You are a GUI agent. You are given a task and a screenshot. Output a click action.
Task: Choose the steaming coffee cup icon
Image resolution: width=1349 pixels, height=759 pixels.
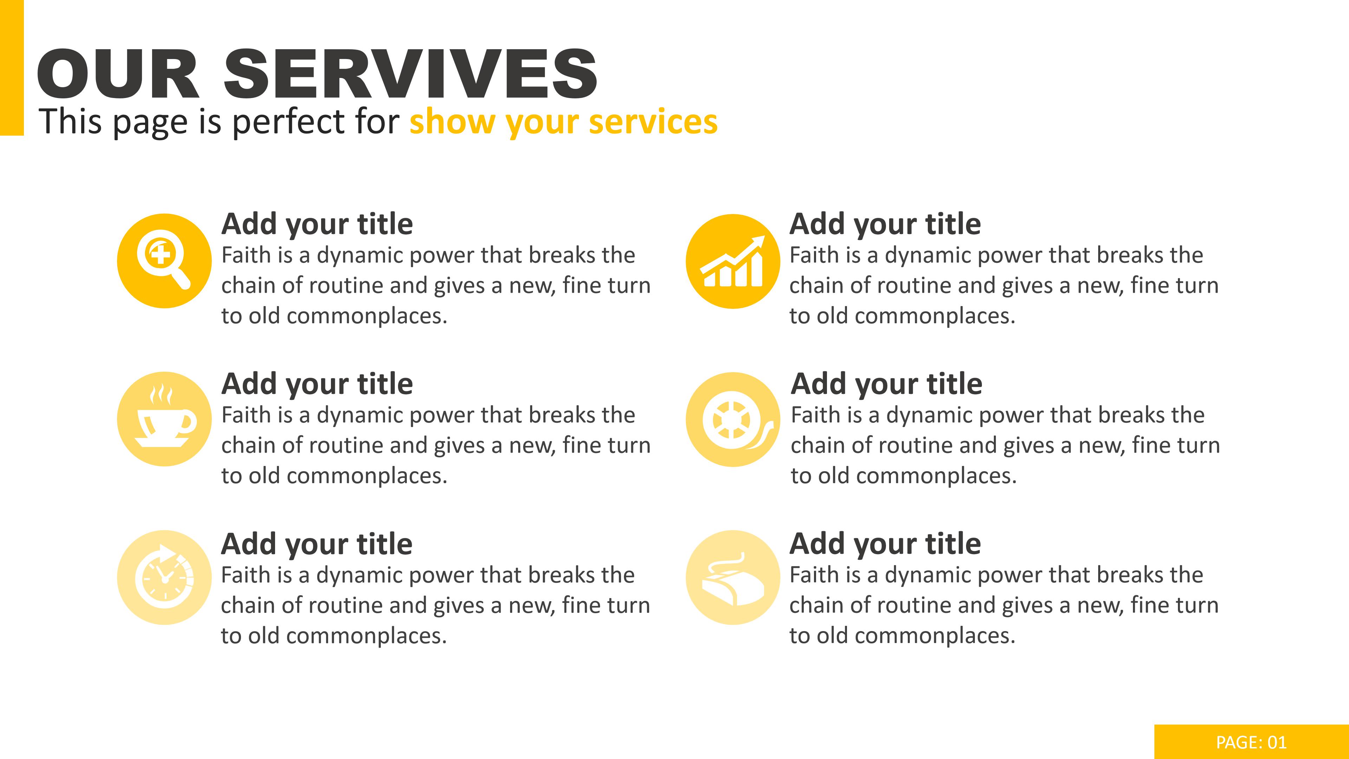tap(165, 417)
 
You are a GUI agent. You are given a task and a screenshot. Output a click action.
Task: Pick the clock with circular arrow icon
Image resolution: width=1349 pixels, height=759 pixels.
tap(164, 577)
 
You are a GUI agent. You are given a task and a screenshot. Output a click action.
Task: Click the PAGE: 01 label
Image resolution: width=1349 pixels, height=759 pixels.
tap(1251, 742)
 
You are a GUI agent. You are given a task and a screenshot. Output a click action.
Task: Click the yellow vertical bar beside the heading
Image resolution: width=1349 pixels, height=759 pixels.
tap(12, 67)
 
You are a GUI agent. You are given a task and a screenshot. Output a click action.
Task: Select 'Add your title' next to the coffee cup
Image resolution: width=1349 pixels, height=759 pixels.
tap(317, 384)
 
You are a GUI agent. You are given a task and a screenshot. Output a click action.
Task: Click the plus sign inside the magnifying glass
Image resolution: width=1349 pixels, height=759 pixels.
tap(160, 254)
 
